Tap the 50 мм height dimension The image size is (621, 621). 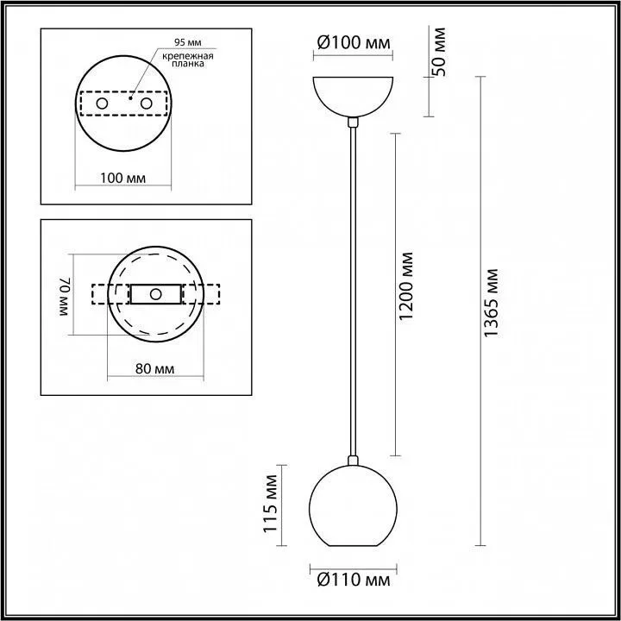[x=439, y=53]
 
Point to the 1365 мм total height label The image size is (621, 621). [x=492, y=303]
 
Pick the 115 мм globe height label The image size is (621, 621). [x=271, y=507]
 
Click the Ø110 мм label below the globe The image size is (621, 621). [x=352, y=579]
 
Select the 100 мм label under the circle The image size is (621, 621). [x=122, y=177]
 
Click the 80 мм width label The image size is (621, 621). [x=155, y=369]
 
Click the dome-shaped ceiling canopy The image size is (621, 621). [x=352, y=95]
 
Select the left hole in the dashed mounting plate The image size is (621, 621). [x=102, y=103]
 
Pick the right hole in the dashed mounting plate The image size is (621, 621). [x=146, y=103]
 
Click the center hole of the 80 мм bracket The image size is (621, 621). [x=155, y=294]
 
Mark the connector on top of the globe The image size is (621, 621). [x=352, y=461]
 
